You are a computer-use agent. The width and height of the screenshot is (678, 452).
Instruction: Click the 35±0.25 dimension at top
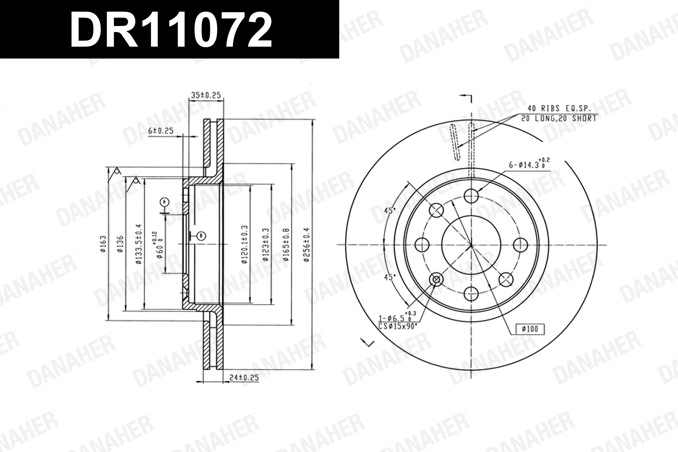click(x=206, y=95)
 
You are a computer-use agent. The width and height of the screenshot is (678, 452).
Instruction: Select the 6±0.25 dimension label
click(x=161, y=131)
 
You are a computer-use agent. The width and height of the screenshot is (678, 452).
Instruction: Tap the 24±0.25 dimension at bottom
click(x=244, y=378)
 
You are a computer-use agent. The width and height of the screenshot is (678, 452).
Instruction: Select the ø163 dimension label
click(x=104, y=244)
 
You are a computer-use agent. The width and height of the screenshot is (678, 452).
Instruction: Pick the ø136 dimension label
click(x=120, y=244)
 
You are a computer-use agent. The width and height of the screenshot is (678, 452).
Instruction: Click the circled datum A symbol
click(x=164, y=202)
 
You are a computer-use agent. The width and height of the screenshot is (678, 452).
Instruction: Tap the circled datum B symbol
click(x=202, y=236)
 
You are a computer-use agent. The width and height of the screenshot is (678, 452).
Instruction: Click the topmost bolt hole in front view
click(x=471, y=196)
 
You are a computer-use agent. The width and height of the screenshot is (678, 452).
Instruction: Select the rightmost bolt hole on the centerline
click(x=520, y=245)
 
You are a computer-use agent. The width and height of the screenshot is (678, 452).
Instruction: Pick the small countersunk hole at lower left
click(x=436, y=279)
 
